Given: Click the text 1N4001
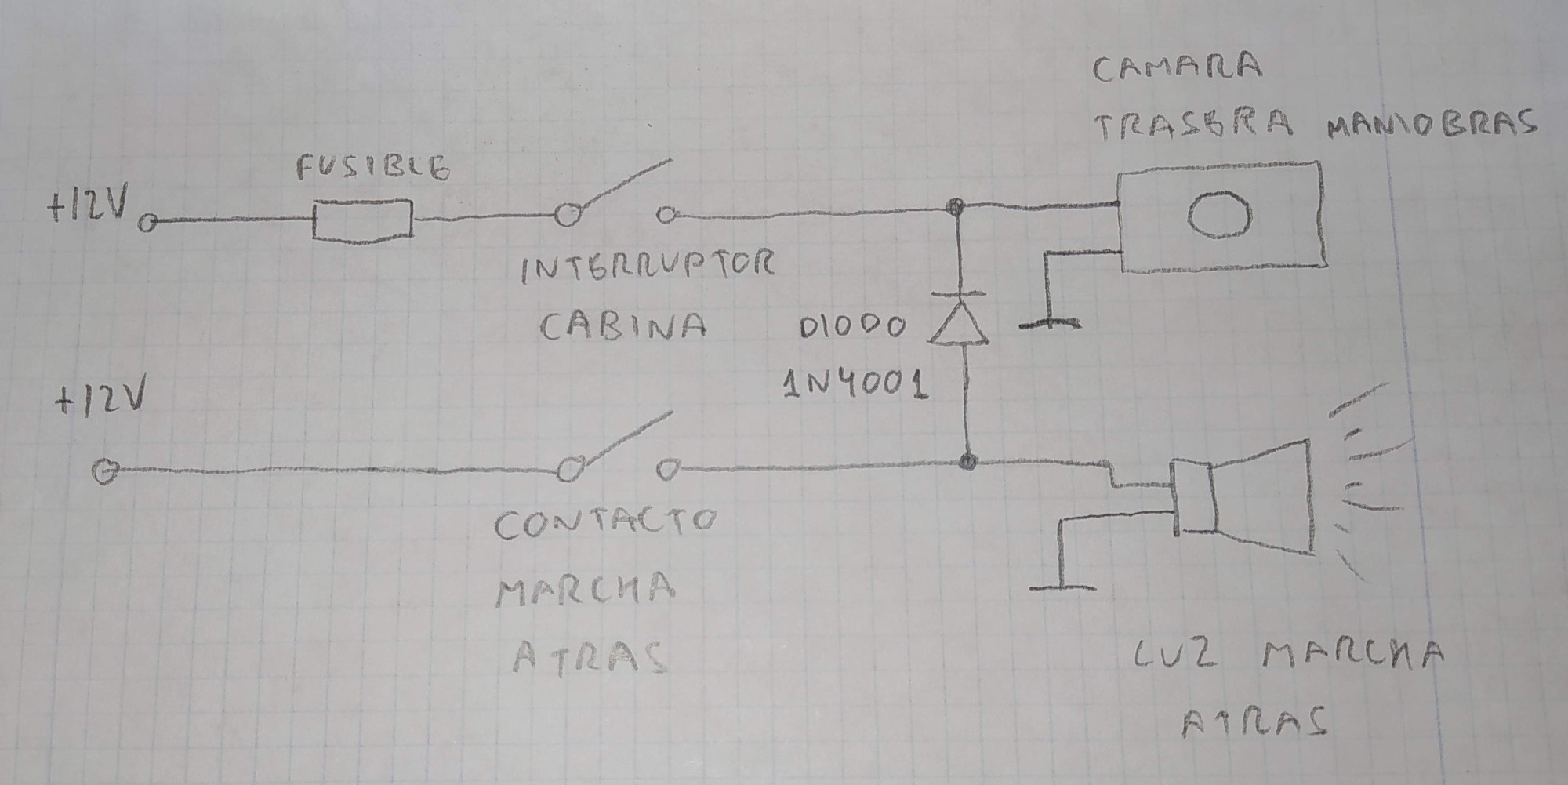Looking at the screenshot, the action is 856,384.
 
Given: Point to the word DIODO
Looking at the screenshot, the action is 852,326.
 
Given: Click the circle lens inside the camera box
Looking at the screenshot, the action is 1219,214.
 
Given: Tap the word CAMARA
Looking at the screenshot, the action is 1177,67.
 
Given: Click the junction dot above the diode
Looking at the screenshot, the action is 955,208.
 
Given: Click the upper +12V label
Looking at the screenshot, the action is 88,207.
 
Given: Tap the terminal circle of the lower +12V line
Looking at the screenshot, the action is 105,472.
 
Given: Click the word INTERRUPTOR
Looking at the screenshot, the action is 648,267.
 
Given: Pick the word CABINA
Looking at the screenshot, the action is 623,326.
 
